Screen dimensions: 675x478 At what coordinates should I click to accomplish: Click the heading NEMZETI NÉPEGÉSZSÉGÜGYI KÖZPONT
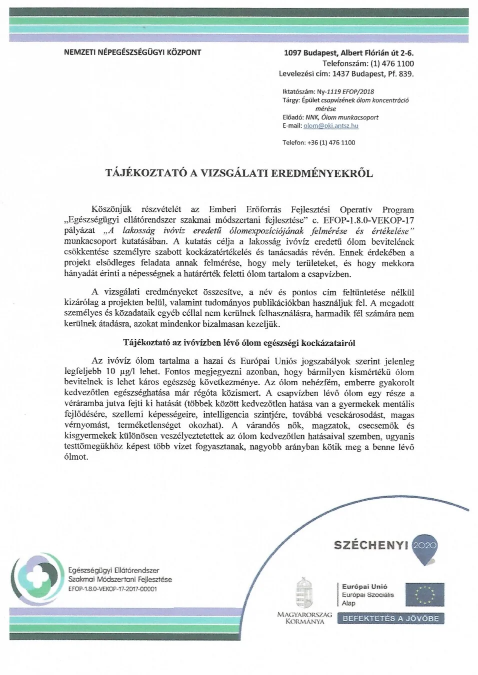132,52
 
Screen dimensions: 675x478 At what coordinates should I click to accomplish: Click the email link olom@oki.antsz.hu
330,126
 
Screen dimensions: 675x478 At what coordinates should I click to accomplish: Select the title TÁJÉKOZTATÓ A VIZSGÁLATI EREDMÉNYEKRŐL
239,173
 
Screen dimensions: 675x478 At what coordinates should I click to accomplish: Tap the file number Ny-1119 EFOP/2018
345,92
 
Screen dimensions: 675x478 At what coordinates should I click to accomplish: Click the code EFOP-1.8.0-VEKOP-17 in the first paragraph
368,220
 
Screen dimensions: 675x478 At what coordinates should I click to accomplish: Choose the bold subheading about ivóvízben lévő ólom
239,343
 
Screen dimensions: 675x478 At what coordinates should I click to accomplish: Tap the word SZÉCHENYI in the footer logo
371,545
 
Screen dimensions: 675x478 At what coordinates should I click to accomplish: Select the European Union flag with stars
424,595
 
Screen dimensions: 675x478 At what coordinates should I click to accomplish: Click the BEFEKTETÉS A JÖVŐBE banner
390,619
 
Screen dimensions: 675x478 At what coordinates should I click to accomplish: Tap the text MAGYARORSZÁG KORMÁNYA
304,618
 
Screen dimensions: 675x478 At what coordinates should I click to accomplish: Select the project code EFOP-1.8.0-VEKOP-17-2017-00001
112,589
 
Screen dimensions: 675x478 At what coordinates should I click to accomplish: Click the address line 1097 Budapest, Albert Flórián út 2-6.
348,53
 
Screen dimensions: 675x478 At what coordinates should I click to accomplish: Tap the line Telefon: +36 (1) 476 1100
318,143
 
